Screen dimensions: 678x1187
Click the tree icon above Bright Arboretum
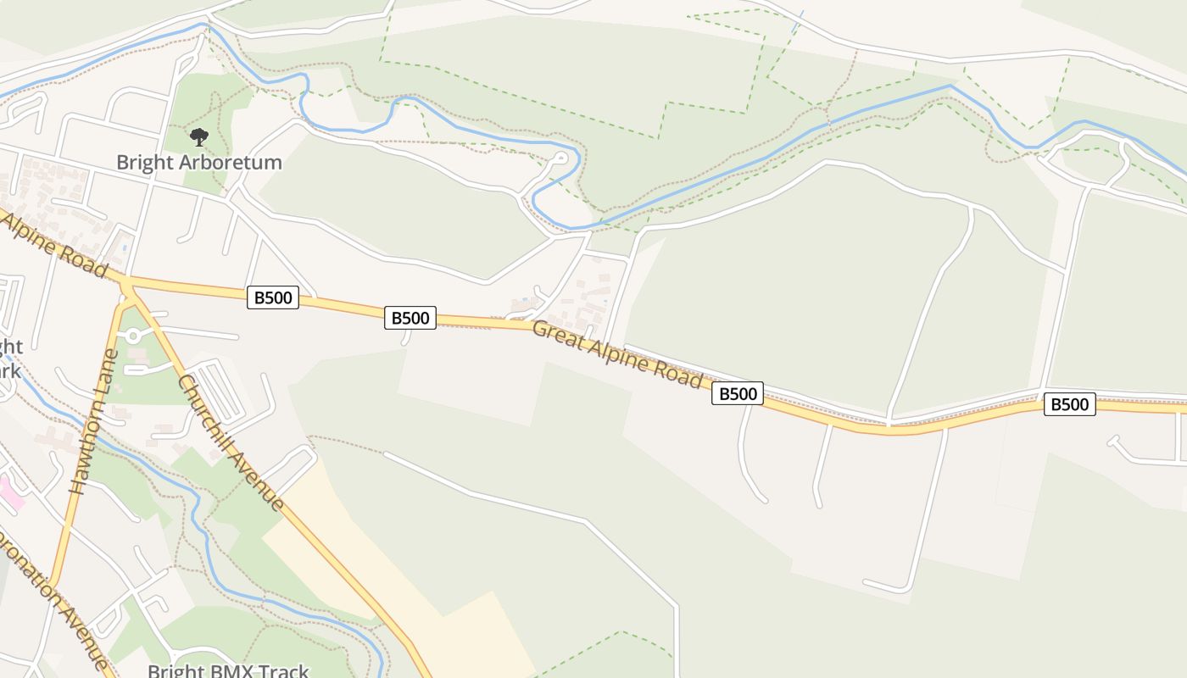click(x=199, y=136)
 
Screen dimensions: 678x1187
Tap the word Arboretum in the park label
click(x=230, y=162)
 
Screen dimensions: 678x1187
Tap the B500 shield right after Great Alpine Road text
click(x=737, y=393)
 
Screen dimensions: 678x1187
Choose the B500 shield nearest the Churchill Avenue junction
click(x=272, y=297)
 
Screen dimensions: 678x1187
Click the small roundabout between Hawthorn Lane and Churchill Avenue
click(x=133, y=336)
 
